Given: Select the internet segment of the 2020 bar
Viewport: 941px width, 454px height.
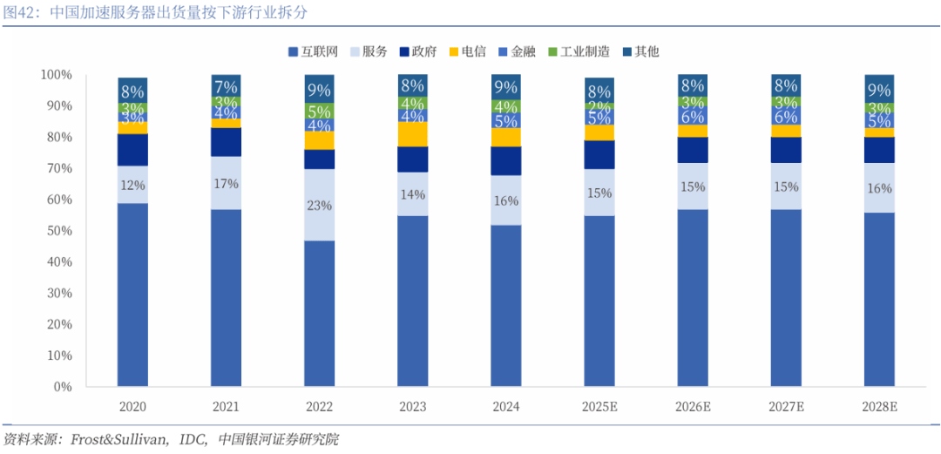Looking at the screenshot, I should point(132,295).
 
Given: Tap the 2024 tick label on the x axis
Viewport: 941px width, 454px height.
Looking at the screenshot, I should point(505,407).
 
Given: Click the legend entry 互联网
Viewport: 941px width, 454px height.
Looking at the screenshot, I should point(315,51).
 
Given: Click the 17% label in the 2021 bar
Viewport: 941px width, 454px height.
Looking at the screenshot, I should point(226,184).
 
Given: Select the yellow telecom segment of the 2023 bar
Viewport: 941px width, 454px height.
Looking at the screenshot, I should point(412,134).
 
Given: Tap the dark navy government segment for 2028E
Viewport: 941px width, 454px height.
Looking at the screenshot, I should point(879,150).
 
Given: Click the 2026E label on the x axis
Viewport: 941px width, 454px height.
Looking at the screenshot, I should point(693,407).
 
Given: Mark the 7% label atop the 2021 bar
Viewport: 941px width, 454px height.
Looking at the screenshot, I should point(226,86).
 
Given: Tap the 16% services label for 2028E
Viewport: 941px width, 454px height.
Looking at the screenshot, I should point(879,188).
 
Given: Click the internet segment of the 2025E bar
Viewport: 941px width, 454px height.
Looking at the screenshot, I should point(599,301).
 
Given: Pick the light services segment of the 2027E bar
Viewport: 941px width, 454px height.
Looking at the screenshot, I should point(786,186).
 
